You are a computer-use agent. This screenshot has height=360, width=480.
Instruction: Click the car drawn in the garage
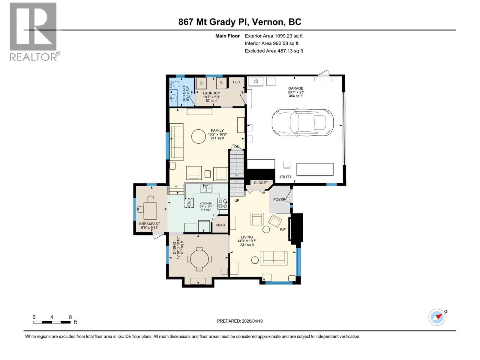302,122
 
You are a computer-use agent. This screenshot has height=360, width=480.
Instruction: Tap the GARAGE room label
295,88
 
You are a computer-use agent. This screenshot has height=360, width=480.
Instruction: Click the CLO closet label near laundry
236,82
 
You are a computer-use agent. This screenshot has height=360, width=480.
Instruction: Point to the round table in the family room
199,136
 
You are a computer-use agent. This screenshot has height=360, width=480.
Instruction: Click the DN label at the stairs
237,147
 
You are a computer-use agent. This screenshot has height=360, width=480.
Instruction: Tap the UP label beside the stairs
237,200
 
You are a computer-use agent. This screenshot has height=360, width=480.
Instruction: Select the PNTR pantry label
220,225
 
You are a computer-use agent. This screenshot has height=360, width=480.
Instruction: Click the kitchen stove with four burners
223,204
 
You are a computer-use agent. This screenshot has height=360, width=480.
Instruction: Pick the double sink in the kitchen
206,189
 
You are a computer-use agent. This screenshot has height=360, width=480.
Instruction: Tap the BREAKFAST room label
149,224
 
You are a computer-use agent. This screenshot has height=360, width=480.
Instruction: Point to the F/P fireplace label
283,229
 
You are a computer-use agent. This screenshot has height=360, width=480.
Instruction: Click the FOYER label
279,199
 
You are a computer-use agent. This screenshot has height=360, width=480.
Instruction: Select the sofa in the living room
273,258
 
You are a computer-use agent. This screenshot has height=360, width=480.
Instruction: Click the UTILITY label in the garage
285,177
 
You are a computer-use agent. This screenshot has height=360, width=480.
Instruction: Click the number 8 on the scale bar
70,317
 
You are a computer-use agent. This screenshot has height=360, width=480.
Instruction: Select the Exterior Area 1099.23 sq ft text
274,36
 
